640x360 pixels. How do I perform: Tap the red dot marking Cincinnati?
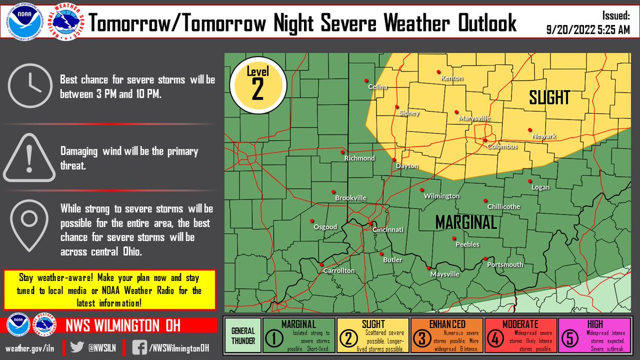(x=370, y=223)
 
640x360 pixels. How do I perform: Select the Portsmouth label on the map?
(x=505, y=265)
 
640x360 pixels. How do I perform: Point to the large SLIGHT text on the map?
(x=549, y=98)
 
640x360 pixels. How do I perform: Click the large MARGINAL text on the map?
(x=466, y=222)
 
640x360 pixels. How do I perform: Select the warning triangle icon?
(x=29, y=158)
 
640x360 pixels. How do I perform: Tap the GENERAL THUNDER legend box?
(x=243, y=335)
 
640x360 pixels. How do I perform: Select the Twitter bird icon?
(x=78, y=347)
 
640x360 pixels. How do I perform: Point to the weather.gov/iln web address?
(x=30, y=348)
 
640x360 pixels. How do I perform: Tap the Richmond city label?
(x=359, y=158)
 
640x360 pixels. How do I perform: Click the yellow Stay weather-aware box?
(x=110, y=290)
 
